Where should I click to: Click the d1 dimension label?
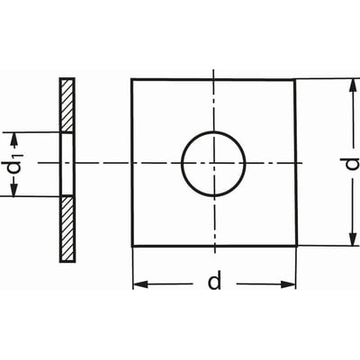[15, 165]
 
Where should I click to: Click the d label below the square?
[214, 280]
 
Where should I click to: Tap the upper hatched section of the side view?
[67, 105]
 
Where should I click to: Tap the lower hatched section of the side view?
[67, 229]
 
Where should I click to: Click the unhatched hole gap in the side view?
[67, 164]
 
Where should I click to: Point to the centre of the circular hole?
[213, 164]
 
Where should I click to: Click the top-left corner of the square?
[131, 79]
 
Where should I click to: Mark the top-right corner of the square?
[294, 80]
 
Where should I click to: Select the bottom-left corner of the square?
[132, 247]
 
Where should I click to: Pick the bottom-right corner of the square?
[297, 246]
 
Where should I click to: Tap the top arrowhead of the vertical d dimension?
[354, 86]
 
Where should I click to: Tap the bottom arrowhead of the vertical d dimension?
[354, 238]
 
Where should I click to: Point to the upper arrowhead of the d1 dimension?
[14, 139]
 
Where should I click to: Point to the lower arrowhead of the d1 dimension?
[14, 189]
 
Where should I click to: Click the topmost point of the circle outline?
[213, 131]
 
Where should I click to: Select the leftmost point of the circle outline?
[182, 164]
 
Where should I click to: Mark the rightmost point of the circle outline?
[246, 164]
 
